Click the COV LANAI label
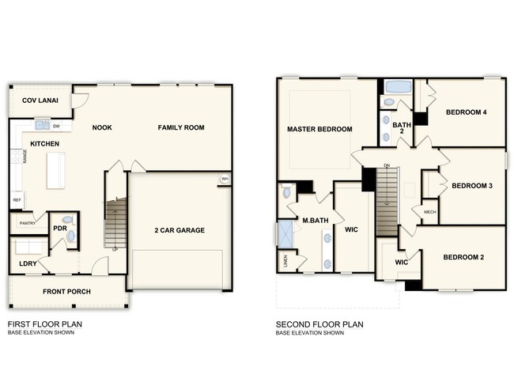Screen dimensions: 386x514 point(38,100)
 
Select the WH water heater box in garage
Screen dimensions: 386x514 point(225,179)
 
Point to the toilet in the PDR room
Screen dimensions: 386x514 point(67,220)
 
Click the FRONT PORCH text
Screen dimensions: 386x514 point(67,292)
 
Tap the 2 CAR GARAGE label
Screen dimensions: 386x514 point(179,230)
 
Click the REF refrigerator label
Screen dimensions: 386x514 point(16,200)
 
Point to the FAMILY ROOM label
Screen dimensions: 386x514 point(181,127)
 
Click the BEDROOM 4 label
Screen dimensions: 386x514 point(466,112)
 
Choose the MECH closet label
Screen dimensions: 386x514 point(429,212)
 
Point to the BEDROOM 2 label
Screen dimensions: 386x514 point(463,257)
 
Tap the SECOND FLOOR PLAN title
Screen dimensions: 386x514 point(319,324)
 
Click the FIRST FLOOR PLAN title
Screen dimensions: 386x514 point(44,324)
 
